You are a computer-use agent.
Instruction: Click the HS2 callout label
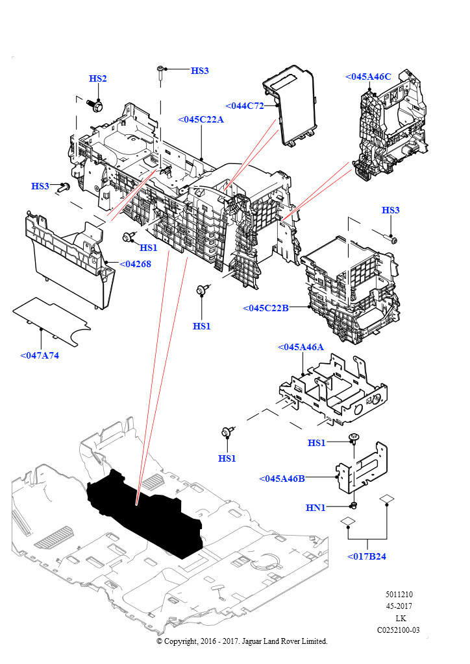pyautogui.click(x=98, y=78)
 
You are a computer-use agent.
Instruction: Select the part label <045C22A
pyautogui.click(x=201, y=119)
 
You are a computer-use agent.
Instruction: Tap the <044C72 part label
pyautogui.click(x=245, y=106)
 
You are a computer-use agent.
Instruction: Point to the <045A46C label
pyautogui.click(x=368, y=77)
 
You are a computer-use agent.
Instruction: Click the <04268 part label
pyautogui.click(x=135, y=264)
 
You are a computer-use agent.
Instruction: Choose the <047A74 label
pyautogui.click(x=40, y=355)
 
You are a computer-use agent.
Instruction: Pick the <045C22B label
pyautogui.click(x=265, y=307)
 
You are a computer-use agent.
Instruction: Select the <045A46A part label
pyautogui.click(x=300, y=347)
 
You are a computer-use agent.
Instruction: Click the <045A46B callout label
pyautogui.click(x=282, y=479)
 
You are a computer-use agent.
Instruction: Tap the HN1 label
pyautogui.click(x=316, y=507)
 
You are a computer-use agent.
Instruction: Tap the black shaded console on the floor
pyautogui.click(x=146, y=509)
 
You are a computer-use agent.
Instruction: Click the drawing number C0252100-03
pyautogui.click(x=399, y=630)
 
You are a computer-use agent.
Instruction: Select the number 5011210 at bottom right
pyautogui.click(x=399, y=594)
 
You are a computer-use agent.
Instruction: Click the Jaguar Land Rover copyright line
pyautogui.click(x=242, y=641)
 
